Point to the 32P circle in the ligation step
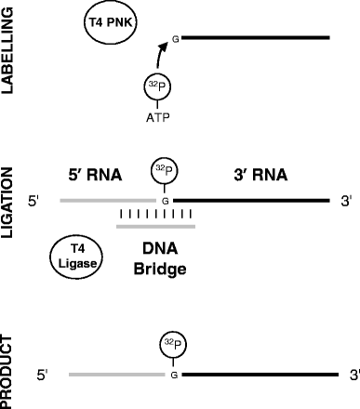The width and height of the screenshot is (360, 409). click(165, 172)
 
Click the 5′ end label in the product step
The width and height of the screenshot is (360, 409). click(43, 375)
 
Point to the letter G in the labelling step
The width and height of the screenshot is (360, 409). click(174, 39)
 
